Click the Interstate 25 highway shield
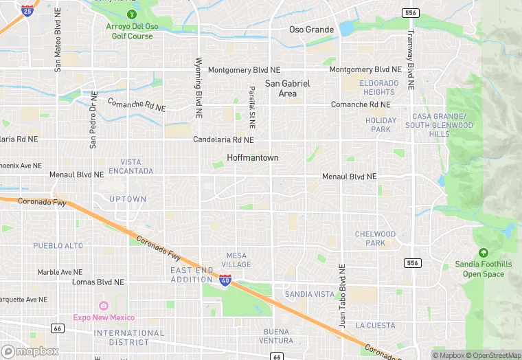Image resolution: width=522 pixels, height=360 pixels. [x=27, y=10]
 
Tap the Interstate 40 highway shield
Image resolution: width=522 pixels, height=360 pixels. [x=225, y=280]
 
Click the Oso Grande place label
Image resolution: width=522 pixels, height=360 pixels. [x=311, y=30]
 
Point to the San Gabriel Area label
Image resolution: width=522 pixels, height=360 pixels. [x=288, y=88]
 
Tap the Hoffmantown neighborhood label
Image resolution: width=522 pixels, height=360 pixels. [x=253, y=157]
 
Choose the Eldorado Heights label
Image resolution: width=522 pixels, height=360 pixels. [x=379, y=87]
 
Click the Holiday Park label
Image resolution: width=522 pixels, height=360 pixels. [x=381, y=124]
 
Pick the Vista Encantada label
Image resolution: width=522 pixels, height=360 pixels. [x=131, y=166]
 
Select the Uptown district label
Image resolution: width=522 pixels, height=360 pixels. [x=128, y=199]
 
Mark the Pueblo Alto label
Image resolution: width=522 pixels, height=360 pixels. [x=58, y=245]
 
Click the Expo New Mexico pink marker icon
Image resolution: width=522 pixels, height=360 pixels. [x=104, y=306]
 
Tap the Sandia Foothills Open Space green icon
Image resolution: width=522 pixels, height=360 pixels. [x=483, y=254]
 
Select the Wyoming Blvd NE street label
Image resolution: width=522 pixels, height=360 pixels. [x=198, y=86]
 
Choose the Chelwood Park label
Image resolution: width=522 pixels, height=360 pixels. [x=375, y=238]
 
